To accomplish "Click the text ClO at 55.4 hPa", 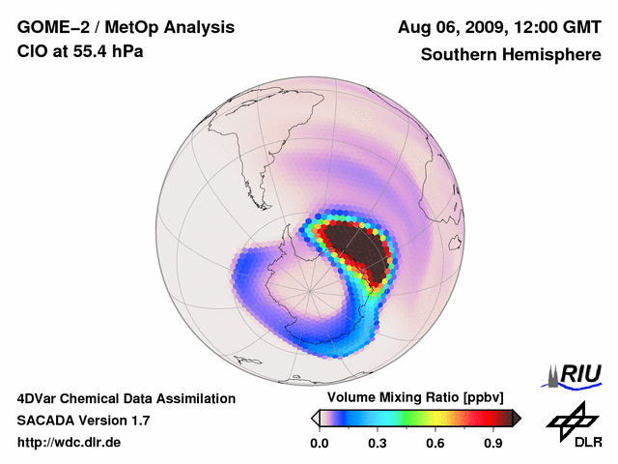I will pyautogui.click(x=80, y=51).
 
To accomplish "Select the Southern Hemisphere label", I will pyautogui.click(x=511, y=55).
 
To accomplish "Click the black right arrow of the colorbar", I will pyautogui.click(x=517, y=418).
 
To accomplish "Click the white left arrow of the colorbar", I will pyautogui.click(x=316, y=418).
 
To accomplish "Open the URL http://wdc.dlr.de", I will pyautogui.click(x=70, y=443).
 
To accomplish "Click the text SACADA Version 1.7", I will pyautogui.click(x=83, y=420).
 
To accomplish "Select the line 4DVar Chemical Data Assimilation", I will pyautogui.click(x=126, y=398).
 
